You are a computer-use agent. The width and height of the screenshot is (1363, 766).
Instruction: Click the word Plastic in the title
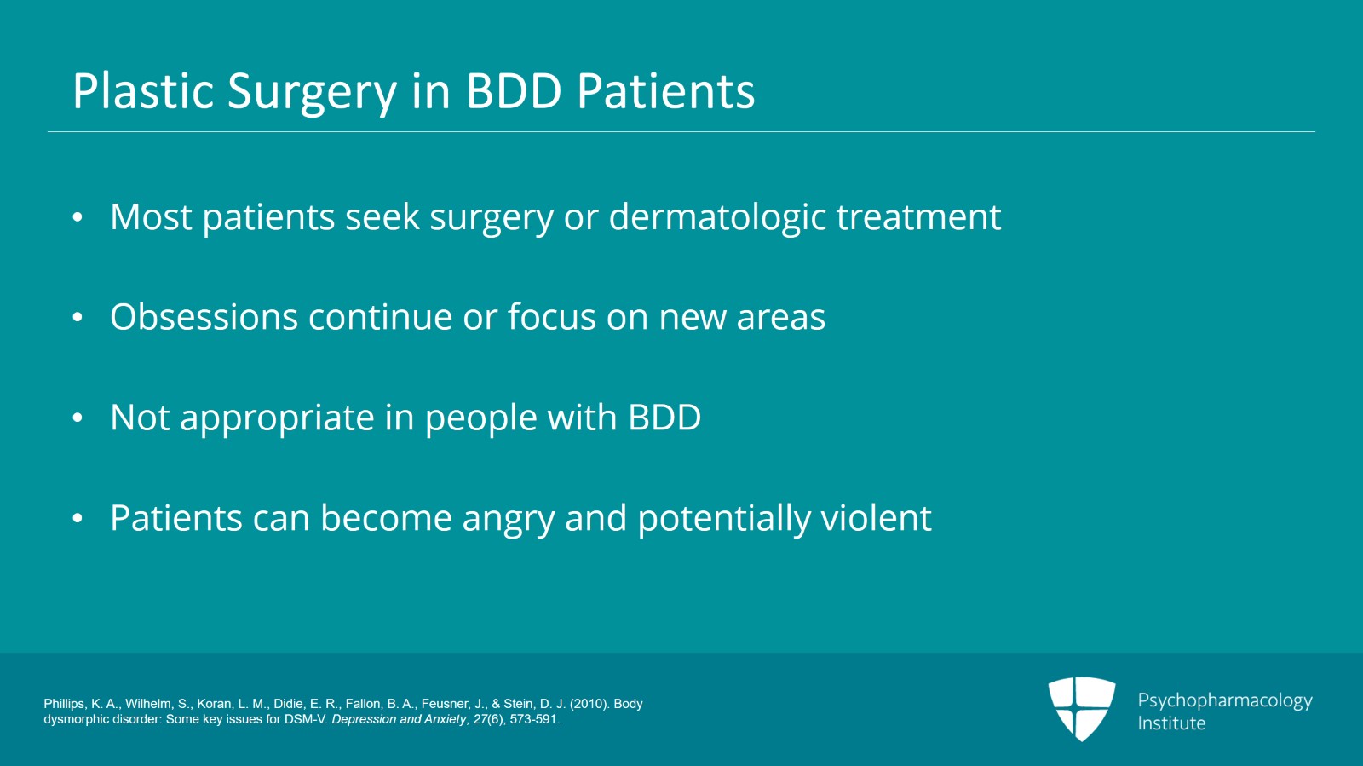pos(142,91)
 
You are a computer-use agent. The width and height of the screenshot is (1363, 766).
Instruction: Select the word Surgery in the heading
pos(312,93)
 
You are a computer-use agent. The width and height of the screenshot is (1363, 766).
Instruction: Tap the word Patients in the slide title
pos(665,91)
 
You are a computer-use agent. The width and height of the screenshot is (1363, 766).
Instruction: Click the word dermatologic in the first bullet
pos(717,218)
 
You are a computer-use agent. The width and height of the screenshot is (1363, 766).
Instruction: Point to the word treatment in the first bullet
pos(918,217)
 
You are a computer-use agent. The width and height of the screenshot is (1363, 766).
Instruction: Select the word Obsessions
pos(204,317)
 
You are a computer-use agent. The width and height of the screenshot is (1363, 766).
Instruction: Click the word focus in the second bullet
pos(551,317)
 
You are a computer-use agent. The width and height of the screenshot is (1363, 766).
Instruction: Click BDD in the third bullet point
pos(664,418)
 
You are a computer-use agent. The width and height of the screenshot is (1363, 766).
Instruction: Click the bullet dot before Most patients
pos(78,217)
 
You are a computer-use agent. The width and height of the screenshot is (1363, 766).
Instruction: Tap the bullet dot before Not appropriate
pos(78,418)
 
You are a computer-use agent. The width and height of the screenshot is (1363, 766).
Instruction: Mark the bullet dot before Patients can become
pos(78,519)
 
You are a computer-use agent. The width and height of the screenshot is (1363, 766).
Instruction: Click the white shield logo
pos(1081,707)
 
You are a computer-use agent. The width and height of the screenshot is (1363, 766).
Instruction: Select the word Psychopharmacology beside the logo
pos(1224,700)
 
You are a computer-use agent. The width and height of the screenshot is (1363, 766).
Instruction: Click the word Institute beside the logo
pos(1171,723)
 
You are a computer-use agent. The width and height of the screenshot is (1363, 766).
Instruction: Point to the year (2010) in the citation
pos(589,704)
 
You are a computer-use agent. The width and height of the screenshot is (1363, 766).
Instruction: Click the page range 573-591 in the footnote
pos(533,719)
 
